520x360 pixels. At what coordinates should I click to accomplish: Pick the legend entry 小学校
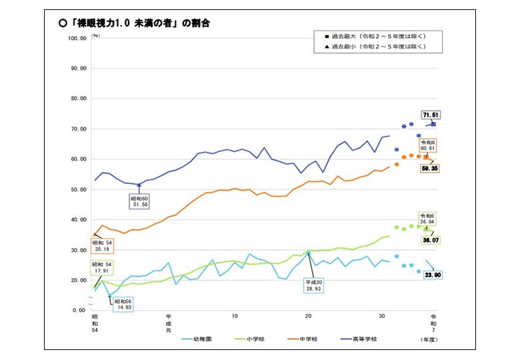coord(249,339)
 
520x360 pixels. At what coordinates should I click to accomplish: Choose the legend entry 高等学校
coord(364,339)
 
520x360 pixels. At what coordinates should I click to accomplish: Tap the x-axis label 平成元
coord(169,323)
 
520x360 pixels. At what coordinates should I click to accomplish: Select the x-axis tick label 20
coord(308,315)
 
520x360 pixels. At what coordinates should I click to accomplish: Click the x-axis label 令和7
coord(435,323)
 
